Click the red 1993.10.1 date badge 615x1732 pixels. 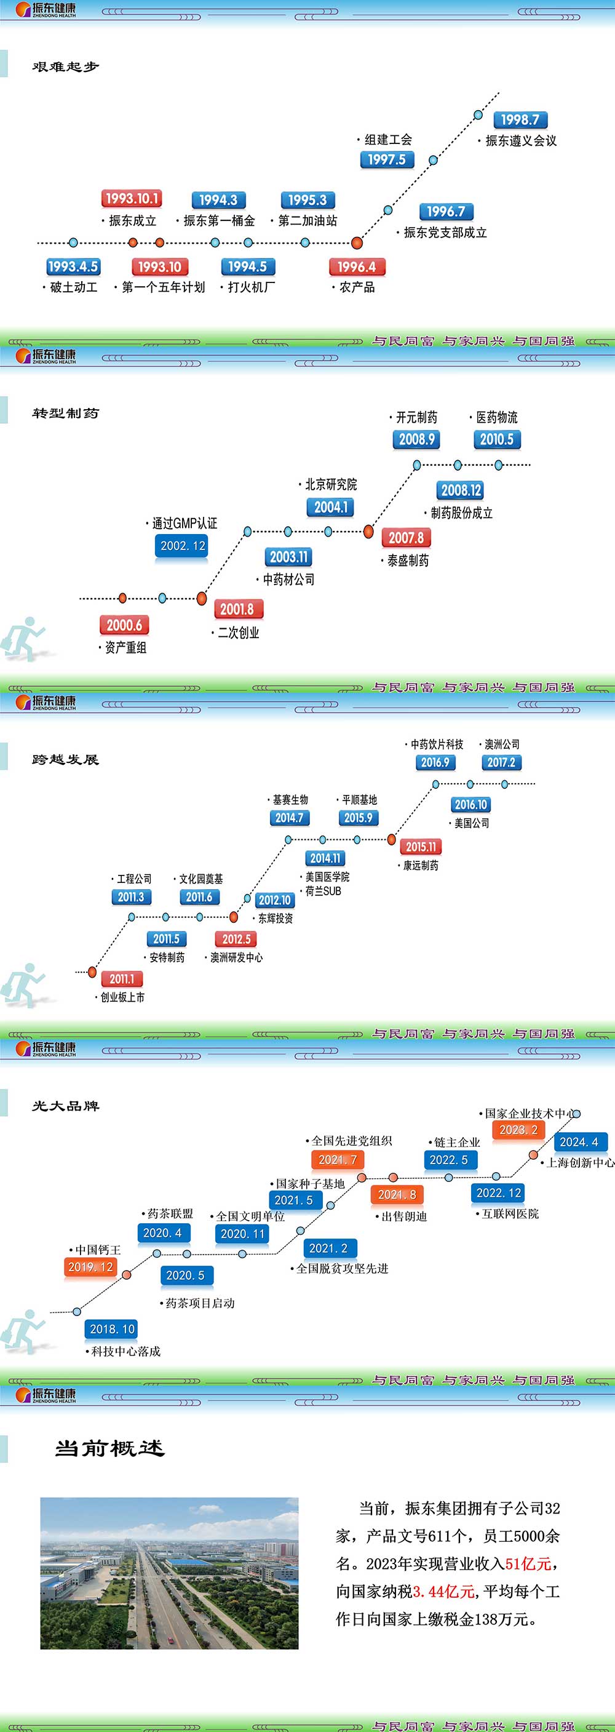[132, 199]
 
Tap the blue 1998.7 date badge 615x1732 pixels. [520, 121]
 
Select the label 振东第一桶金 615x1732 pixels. [220, 220]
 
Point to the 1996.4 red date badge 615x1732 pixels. [356, 267]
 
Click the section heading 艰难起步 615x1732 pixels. [65, 66]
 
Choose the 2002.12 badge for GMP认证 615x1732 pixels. [183, 546]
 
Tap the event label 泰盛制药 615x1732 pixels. [407, 561]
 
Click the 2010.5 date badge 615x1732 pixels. [497, 440]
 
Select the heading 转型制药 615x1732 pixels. [65, 413]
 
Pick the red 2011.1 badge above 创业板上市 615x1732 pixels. [122, 979]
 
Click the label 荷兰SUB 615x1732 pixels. [323, 891]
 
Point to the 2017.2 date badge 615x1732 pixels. [501, 762]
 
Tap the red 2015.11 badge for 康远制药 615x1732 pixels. [421, 847]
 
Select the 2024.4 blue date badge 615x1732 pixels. [579, 1142]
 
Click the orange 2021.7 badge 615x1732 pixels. [338, 1160]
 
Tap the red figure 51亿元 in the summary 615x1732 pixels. [528, 1564]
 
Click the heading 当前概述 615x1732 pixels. [109, 1448]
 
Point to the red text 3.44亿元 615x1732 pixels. [443, 1592]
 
